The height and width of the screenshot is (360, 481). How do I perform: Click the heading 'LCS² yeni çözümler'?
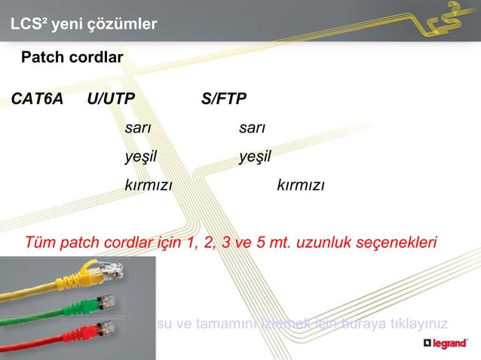point(84,25)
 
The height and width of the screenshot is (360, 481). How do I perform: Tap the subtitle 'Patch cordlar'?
point(72,57)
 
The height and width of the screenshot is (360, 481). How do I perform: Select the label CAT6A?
point(37,100)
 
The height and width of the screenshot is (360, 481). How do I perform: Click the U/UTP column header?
point(112,100)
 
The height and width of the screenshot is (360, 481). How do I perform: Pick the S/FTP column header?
point(224,100)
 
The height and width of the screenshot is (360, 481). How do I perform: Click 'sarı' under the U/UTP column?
point(138,128)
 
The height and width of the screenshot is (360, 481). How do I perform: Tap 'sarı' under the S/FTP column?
point(252,128)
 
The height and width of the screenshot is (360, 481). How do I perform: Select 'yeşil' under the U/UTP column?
point(141,157)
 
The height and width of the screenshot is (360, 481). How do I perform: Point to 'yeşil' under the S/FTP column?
point(255,157)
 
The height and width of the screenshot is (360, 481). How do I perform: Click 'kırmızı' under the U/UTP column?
point(149,185)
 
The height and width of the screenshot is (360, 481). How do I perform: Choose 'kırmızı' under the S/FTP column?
point(301,185)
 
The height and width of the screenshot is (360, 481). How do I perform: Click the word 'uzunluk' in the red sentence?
point(329,243)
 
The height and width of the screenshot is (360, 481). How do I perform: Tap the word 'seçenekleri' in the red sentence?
point(399,243)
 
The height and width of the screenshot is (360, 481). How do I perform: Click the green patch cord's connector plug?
point(108,301)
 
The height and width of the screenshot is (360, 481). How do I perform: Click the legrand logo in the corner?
point(449,343)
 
